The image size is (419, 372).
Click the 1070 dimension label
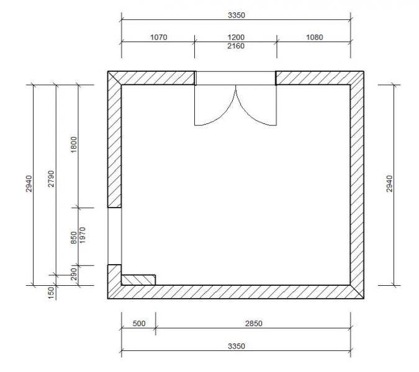pyautogui.click(x=159, y=37)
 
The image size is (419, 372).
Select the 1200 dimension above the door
pyautogui.click(x=236, y=37)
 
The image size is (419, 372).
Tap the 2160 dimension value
pyautogui.click(x=236, y=46)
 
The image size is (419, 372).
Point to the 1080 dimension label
pyautogui.click(x=315, y=37)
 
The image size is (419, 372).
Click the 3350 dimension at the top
pyautogui.click(x=237, y=15)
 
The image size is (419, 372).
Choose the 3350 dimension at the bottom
pyautogui.click(x=237, y=346)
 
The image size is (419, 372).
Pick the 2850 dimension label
pyautogui.click(x=254, y=324)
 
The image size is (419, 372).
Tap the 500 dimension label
pyautogui.click(x=139, y=324)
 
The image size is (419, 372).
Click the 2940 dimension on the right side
pyautogui.click(x=390, y=184)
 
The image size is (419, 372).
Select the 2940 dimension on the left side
pyautogui.click(x=29, y=184)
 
